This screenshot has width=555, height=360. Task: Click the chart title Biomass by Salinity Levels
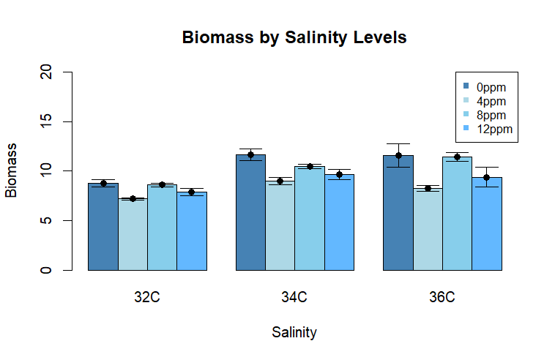point(294,37)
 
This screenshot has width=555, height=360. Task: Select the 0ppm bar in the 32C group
point(103,227)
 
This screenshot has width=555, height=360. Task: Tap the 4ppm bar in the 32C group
point(133,234)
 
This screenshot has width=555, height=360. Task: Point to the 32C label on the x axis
point(147,298)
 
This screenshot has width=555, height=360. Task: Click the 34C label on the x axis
point(294,298)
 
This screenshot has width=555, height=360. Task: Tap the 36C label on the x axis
point(442,298)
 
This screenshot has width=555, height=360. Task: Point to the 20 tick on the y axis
point(48,72)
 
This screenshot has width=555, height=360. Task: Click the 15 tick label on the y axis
point(48,121)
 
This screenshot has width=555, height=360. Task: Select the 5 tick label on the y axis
point(48,220)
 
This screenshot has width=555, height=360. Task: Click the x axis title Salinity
point(294,332)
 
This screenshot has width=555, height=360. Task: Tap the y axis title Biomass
point(12,170)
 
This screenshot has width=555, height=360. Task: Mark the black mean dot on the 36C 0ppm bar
point(398,155)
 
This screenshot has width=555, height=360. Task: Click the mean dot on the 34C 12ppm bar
point(339,174)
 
